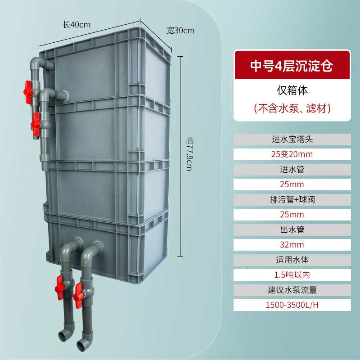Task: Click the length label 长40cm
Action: pyautogui.click(x=76, y=25)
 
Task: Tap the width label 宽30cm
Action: pyautogui.click(x=180, y=30)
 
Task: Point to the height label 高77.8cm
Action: pyautogui.click(x=189, y=154)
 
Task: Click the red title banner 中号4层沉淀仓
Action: pyautogui.click(x=292, y=65)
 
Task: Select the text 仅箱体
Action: pyautogui.click(x=292, y=90)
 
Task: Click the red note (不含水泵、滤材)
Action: pyautogui.click(x=292, y=108)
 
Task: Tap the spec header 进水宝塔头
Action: pyautogui.click(x=292, y=139)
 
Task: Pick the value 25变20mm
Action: pyautogui.click(x=292, y=154)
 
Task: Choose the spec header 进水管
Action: pyautogui.click(x=292, y=170)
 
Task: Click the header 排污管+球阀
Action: pyautogui.click(x=292, y=199)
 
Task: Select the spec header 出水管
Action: pyautogui.click(x=292, y=229)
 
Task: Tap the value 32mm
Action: pyautogui.click(x=292, y=245)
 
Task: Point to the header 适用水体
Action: pyautogui.click(x=292, y=260)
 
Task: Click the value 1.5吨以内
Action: pyautogui.click(x=292, y=275)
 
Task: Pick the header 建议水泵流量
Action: pyautogui.click(x=292, y=290)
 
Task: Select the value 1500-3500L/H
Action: pyautogui.click(x=292, y=305)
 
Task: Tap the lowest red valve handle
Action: pyautogui.click(x=78, y=296)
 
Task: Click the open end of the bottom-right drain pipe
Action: pyautogui.click(x=81, y=346)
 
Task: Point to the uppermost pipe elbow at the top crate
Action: pyautogui.click(x=38, y=63)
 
